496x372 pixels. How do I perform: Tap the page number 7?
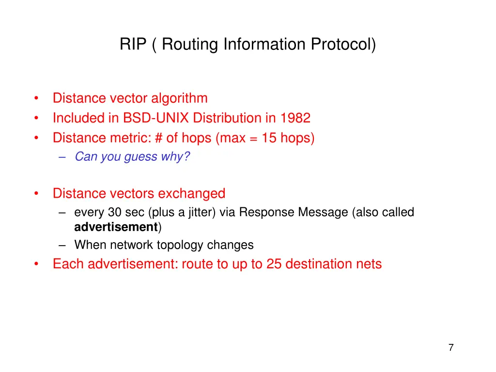451,347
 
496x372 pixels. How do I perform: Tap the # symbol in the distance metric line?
159,138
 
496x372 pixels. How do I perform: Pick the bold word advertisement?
116,227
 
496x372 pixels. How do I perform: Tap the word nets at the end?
369,264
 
